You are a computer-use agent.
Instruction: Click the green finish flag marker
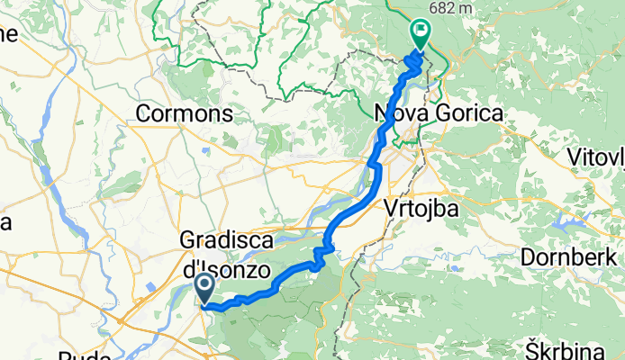[x=421, y=34]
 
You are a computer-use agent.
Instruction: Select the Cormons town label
[x=184, y=114]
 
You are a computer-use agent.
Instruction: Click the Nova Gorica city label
[x=440, y=114]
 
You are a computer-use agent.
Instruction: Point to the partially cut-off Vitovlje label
[x=596, y=158]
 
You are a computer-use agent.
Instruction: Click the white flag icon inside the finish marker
[x=421, y=31]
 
